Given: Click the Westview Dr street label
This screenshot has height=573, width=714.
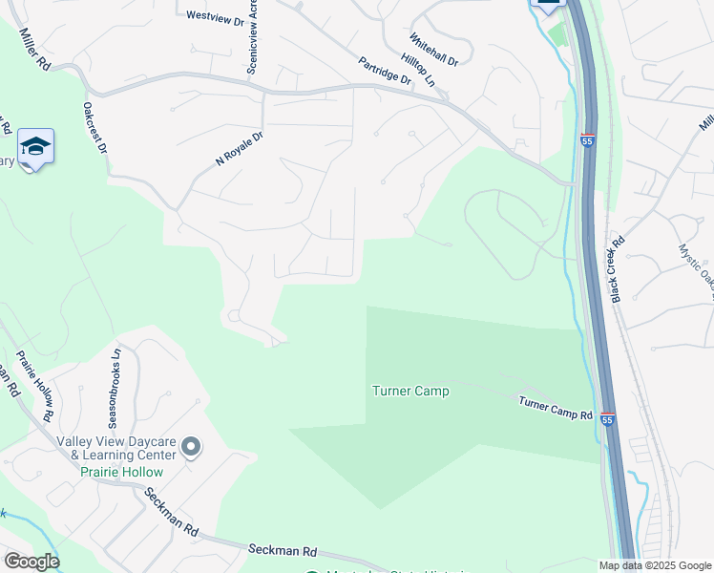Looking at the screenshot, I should pyautogui.click(x=215, y=15).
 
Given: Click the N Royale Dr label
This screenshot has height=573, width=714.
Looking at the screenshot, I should pyautogui.click(x=239, y=149).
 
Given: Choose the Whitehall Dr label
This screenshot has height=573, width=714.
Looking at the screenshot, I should pyautogui.click(x=434, y=49).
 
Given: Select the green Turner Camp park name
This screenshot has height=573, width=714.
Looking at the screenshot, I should pyautogui.click(x=409, y=391).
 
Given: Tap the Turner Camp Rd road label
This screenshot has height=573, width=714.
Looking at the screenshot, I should pyautogui.click(x=556, y=408).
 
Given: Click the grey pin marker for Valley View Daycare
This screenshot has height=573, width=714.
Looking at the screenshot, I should pyautogui.click(x=191, y=446).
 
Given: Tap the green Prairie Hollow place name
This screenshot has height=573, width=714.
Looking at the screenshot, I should pyautogui.click(x=121, y=472).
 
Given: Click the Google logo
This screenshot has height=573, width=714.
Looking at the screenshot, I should pyautogui.click(x=31, y=562).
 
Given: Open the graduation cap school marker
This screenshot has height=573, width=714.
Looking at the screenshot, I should pyautogui.click(x=35, y=147).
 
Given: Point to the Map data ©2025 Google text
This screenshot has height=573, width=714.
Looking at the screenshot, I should pyautogui.click(x=656, y=565).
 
